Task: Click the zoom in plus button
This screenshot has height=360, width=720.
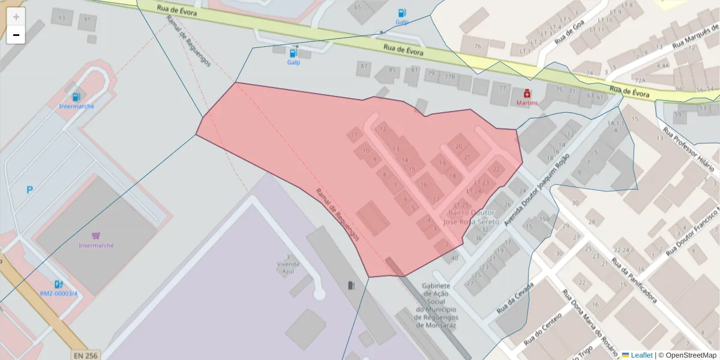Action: coord(16,17)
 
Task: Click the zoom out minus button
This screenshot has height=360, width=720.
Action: coord(16,35)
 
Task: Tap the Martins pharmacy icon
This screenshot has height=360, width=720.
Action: coord(527,94)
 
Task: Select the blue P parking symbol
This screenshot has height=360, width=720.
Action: coord(29,190)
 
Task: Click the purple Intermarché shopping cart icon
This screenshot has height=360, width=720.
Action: coord(96,236)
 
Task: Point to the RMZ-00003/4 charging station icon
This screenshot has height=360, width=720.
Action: coord(58,284)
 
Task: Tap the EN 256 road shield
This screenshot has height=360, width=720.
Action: coord(85,355)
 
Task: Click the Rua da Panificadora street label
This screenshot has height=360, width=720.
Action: coord(634,280)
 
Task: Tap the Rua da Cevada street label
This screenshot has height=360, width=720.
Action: coord(515,299)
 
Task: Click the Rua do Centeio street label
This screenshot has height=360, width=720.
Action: coord(542,329)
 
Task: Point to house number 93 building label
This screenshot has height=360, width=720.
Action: coord(61,18)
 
